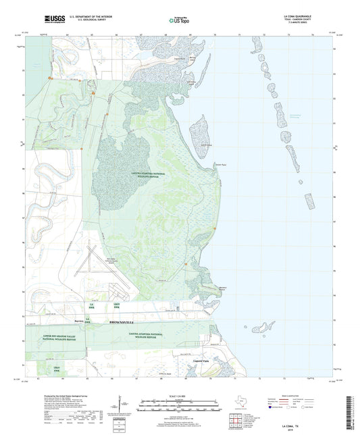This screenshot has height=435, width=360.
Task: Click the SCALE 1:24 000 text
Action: point(180,395)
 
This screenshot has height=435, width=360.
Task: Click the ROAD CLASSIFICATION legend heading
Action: point(304,395)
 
